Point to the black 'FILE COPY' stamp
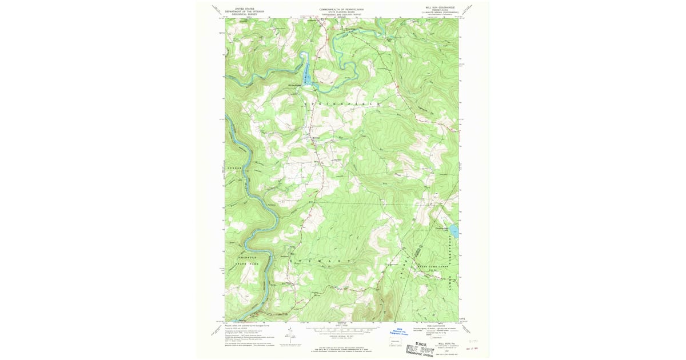point(420,350)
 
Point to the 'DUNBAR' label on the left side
point(236,169)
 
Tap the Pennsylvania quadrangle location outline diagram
point(394,342)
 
